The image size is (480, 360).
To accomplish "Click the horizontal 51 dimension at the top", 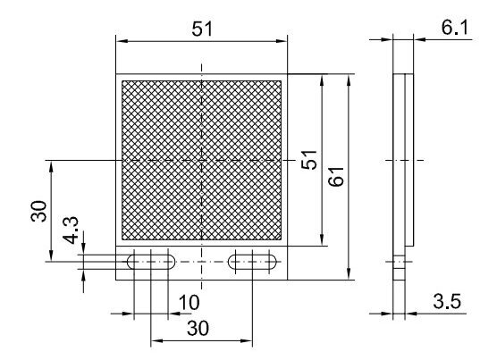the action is click(202, 29).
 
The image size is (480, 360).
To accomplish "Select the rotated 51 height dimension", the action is click(308, 160).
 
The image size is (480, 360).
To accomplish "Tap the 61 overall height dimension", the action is click(336, 177).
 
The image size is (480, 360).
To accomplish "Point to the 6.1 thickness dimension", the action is click(455, 28).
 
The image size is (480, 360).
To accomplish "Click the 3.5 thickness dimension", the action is click(447, 301).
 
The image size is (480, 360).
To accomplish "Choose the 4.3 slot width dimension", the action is click(71, 230).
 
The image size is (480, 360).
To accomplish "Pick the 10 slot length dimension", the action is click(189, 303).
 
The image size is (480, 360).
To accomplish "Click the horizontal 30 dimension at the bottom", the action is click(198, 328).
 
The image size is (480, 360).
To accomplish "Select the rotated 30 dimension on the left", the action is click(38, 211).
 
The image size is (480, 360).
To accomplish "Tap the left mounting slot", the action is click(151, 262).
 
